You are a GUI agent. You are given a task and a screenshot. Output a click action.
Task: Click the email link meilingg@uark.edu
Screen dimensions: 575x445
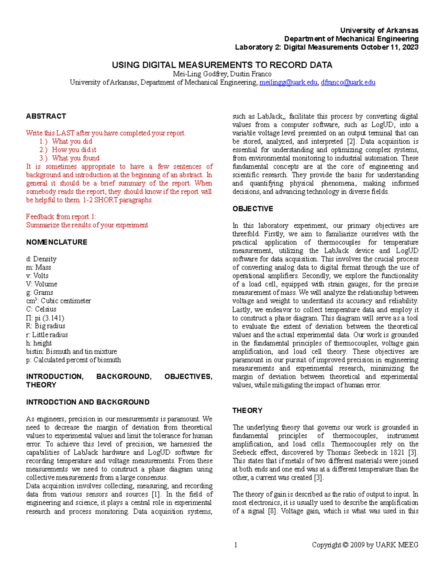click(288, 83)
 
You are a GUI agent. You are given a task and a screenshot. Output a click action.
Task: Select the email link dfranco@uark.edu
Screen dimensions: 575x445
click(348, 83)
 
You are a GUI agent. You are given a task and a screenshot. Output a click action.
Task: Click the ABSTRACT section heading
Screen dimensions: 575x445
click(46, 116)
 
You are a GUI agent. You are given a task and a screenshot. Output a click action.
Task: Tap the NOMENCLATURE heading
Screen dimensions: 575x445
click(57, 242)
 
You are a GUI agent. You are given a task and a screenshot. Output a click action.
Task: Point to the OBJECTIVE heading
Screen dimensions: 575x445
click(253, 209)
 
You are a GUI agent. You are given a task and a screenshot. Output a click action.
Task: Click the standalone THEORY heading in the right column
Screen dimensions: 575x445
click(247, 411)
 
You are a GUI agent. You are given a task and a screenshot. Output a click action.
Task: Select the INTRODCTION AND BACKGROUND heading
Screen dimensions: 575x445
click(88, 402)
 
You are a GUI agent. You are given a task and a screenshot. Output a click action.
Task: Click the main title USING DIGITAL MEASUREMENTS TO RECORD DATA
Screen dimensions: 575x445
click(222, 65)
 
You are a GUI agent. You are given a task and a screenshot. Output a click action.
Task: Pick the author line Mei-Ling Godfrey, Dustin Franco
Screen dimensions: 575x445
click(222, 74)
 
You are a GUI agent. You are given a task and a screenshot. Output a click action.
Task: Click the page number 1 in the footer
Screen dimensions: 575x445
click(235, 545)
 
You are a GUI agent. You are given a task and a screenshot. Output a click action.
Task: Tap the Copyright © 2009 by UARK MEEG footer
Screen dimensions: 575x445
click(365, 545)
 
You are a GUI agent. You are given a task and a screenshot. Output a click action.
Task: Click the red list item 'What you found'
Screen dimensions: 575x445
click(76, 158)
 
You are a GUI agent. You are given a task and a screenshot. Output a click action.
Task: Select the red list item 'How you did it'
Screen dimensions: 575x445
click(74, 150)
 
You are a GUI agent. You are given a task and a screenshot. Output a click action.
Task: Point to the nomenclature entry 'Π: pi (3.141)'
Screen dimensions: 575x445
click(45, 318)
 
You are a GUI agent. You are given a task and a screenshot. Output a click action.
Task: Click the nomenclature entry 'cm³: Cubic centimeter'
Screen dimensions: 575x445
click(58, 301)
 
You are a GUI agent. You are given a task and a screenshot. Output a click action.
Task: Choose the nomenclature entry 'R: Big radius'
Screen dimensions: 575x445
click(46, 326)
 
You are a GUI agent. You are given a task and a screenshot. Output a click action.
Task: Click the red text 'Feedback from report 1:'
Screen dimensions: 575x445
click(61, 217)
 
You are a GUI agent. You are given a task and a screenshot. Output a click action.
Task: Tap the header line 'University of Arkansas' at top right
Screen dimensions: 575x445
click(379, 30)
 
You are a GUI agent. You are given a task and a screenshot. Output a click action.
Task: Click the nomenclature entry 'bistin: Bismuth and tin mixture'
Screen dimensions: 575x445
click(71, 351)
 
